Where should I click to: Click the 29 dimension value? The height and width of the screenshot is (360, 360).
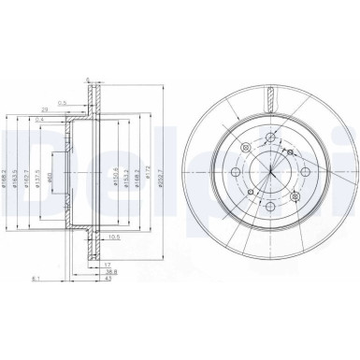coord(70,108)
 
